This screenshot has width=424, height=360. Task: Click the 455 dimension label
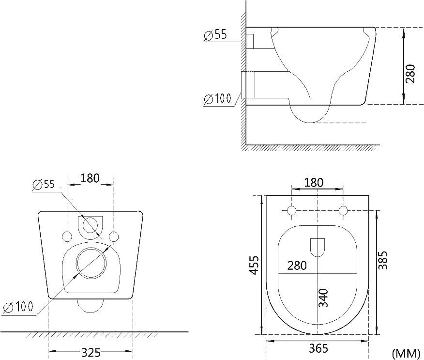[x=255, y=265]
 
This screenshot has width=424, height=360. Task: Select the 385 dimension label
[x=383, y=260]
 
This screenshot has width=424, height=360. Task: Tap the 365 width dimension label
[x=318, y=348]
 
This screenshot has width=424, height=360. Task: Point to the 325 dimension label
[x=91, y=352]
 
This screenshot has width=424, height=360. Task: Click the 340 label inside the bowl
[x=323, y=298]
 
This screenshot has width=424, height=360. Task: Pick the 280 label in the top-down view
[x=297, y=266]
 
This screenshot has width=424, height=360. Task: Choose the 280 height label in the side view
[x=410, y=74]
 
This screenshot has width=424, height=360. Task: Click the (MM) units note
[x=406, y=353]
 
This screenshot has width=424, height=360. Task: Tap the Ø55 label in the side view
[x=215, y=35]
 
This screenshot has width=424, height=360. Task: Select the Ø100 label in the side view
[x=218, y=98]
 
